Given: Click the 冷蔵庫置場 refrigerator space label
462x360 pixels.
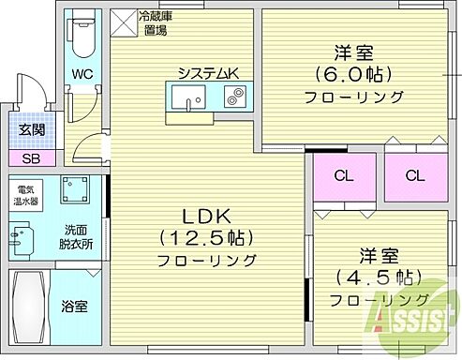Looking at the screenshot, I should (153, 23).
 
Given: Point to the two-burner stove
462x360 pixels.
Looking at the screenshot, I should (233, 95).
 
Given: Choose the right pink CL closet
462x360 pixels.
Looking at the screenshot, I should (413, 175).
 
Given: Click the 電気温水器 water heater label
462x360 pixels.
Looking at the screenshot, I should (24, 195).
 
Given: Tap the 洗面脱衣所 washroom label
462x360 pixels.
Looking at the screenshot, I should (78, 237).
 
